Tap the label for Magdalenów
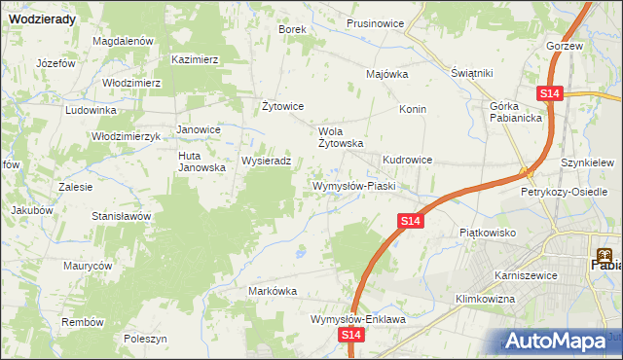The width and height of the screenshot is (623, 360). coord(124,42)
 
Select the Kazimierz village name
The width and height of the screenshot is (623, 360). coord(195,59)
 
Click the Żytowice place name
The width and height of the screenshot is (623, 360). coord(284,106)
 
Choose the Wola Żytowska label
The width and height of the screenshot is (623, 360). coord(341,136)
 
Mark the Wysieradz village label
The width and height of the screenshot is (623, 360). coord(266,162)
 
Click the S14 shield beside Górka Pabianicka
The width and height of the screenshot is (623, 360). coord(550,92)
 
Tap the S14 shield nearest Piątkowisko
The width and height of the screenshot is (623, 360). coord(410,223)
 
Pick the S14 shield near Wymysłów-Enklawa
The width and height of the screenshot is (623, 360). coord(352,335)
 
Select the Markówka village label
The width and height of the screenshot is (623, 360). coord(273,291)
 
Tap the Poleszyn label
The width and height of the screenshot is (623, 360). coord(146,339)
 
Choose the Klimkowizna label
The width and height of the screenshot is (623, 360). coord(484,299)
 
